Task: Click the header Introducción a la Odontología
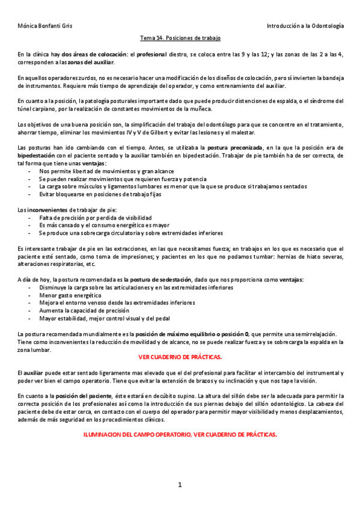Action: tap(305, 26)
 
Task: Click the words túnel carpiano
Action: tap(35, 109)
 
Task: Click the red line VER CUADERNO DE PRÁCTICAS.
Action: tap(180, 357)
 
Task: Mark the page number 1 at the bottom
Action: tap(180, 485)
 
